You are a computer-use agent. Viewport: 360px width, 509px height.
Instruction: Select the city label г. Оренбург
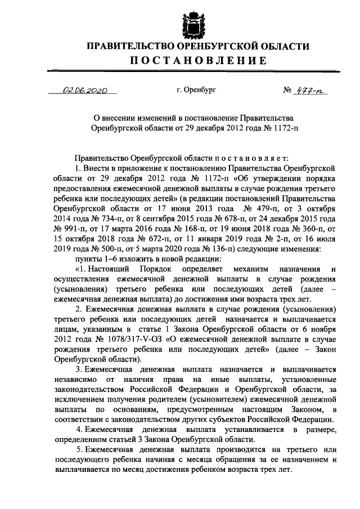pos(195,89)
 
